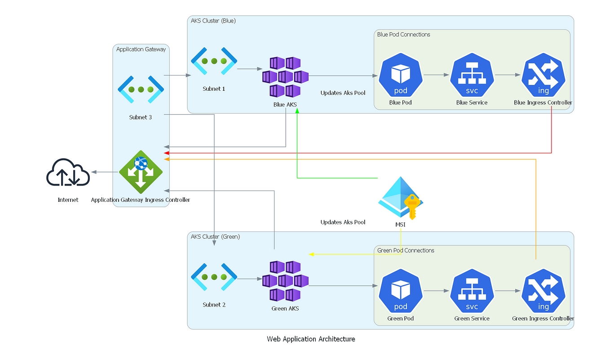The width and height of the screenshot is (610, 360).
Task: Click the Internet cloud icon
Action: [68, 173]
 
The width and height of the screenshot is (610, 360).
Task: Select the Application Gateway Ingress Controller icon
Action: [140, 173]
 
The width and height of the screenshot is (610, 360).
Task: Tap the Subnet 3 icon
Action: [141, 89]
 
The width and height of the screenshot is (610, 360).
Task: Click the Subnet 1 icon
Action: [214, 61]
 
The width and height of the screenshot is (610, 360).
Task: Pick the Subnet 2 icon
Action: [214, 277]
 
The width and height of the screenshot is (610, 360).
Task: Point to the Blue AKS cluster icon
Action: [285, 77]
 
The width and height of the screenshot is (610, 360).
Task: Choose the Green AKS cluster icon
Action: [285, 281]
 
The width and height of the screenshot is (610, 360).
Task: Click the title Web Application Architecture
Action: [311, 339]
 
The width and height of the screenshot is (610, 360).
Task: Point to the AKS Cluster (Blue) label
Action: [213, 21]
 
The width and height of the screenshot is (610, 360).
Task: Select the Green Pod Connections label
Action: [406, 250]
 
